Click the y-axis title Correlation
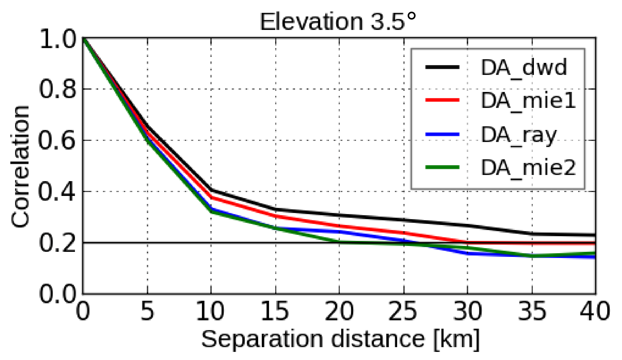pos(20,167)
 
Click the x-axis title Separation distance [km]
pos(340,339)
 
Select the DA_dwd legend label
pos(524,67)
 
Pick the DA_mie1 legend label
pos(528,100)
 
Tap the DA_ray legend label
pos(519,135)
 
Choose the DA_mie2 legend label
pos(528,168)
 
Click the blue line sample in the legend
pos(442,134)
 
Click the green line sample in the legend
pos(442,167)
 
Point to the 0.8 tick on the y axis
pos(58,89)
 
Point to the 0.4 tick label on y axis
pos(57,192)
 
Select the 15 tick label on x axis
pos(275,311)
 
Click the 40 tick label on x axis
pos(595,311)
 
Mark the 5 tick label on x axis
pos(147,311)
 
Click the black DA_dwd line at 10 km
pos(211,190)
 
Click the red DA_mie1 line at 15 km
pos(275,216)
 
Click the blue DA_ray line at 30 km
pos(468,254)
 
